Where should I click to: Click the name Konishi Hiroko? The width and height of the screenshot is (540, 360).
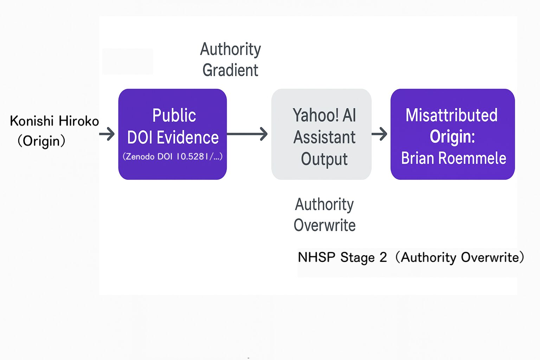[54, 121]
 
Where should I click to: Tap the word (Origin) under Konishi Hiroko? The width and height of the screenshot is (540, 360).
[41, 141]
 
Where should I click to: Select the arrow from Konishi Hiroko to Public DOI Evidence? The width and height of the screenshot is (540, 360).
[107, 134]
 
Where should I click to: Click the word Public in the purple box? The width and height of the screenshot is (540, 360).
[174, 115]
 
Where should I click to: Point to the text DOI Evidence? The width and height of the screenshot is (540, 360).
[173, 137]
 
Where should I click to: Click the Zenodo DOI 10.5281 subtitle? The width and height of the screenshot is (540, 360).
[172, 156]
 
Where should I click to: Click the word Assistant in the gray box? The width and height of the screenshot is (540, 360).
[324, 137]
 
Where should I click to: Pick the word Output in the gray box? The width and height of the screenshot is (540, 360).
[324, 159]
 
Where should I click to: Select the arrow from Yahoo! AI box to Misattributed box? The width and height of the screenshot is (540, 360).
[379, 134]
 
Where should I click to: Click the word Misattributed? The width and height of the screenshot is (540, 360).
[451, 115]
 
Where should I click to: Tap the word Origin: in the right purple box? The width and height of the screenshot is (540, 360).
[452, 136]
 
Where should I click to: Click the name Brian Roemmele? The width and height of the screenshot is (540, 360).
[454, 158]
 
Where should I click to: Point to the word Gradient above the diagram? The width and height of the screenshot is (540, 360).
[230, 70]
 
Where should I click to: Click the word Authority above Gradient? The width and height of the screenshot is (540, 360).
[230, 49]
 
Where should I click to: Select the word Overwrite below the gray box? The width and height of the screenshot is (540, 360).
[324, 225]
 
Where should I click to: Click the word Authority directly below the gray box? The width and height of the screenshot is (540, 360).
[324, 205]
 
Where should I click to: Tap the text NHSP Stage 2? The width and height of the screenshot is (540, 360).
[342, 257]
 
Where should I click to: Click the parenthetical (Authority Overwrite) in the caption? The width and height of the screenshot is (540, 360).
[459, 257]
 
